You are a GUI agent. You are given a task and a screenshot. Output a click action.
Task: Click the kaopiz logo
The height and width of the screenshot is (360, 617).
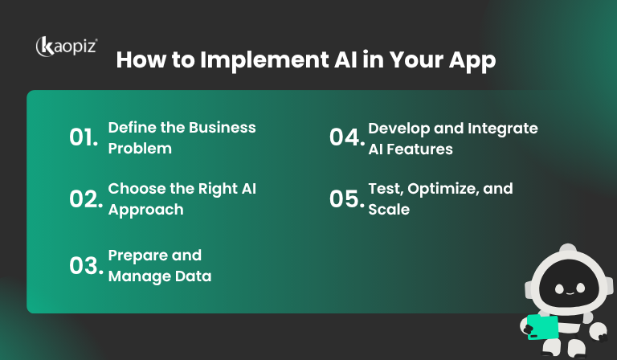[66, 47]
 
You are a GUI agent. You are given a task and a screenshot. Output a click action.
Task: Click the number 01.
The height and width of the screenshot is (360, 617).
[83, 137]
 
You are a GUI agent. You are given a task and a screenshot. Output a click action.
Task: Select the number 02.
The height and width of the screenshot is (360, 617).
[84, 199]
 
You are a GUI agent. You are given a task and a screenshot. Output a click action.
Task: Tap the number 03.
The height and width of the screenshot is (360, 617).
[84, 265]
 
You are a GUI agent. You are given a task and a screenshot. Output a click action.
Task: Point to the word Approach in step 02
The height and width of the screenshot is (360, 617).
[145, 210]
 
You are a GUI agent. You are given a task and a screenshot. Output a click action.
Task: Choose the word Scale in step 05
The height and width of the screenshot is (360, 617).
[389, 210]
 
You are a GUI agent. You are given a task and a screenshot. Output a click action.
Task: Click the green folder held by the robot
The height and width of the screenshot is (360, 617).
[542, 325]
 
